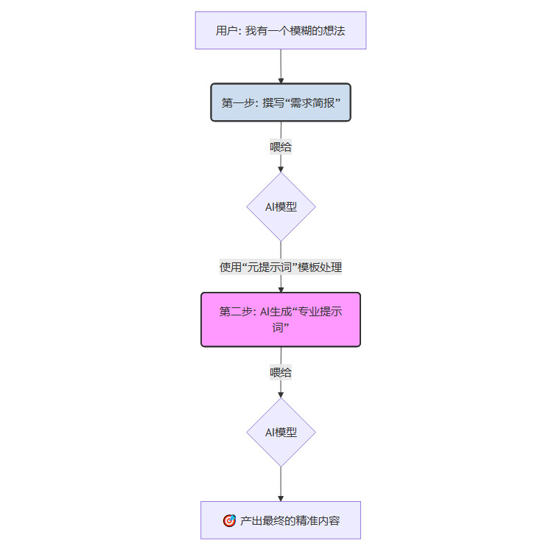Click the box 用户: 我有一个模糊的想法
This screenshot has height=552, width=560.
click(x=280, y=30)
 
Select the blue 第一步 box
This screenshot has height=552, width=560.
click(x=280, y=102)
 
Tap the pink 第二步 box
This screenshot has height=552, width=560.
click(x=280, y=319)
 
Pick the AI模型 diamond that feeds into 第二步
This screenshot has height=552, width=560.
click(x=281, y=207)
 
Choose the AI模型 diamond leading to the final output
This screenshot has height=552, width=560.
click(x=281, y=433)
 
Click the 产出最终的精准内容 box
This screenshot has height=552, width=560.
click(x=280, y=520)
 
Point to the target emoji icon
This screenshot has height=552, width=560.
click(x=229, y=520)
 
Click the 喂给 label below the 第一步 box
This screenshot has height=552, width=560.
click(x=281, y=147)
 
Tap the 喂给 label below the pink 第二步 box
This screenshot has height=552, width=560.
click(x=281, y=372)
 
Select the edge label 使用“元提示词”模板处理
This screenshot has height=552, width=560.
click(x=281, y=268)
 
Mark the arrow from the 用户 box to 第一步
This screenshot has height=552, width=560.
click(x=281, y=66)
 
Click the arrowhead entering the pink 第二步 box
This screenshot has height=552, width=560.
click(x=281, y=289)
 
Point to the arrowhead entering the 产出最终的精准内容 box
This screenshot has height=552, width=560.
click(x=281, y=498)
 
